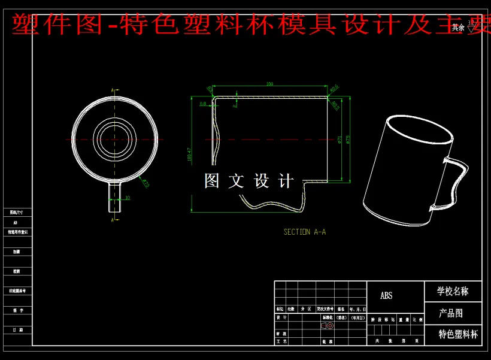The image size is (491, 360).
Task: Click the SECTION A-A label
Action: pyautogui.click(x=304, y=232)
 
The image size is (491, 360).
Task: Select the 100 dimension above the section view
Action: pyautogui.click(x=269, y=84)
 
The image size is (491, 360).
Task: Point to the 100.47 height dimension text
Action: pyautogui.click(x=189, y=155)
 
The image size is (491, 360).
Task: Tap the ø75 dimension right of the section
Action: pyautogui.click(x=348, y=139)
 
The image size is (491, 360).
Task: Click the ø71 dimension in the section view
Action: pyautogui.click(x=340, y=140)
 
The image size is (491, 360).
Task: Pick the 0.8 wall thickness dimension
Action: pyautogui.click(x=202, y=104)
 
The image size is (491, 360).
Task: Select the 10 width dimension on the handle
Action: pyautogui.click(x=127, y=197)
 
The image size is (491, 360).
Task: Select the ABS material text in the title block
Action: pyautogui.click(x=386, y=296)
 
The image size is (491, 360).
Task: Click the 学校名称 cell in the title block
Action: pyautogui.click(x=453, y=292)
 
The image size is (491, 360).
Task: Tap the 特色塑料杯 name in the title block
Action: pyautogui.click(x=458, y=334)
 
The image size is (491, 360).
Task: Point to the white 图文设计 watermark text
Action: pyautogui.click(x=249, y=180)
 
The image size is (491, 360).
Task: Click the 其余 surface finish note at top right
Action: pyautogui.click(x=458, y=27)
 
